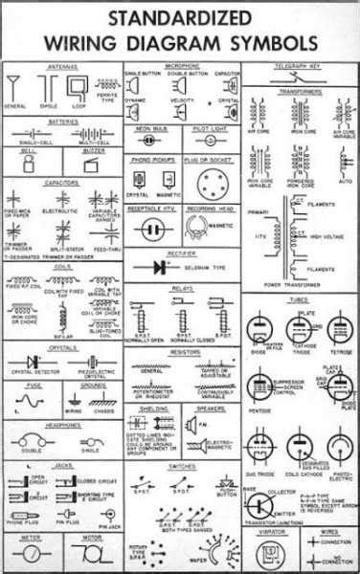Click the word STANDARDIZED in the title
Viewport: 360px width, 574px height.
(180, 17)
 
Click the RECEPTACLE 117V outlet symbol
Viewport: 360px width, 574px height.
(153, 229)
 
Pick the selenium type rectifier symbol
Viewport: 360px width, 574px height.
(154, 265)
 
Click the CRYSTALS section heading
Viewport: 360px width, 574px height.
(61, 349)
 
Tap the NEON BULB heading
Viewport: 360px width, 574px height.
(153, 126)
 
